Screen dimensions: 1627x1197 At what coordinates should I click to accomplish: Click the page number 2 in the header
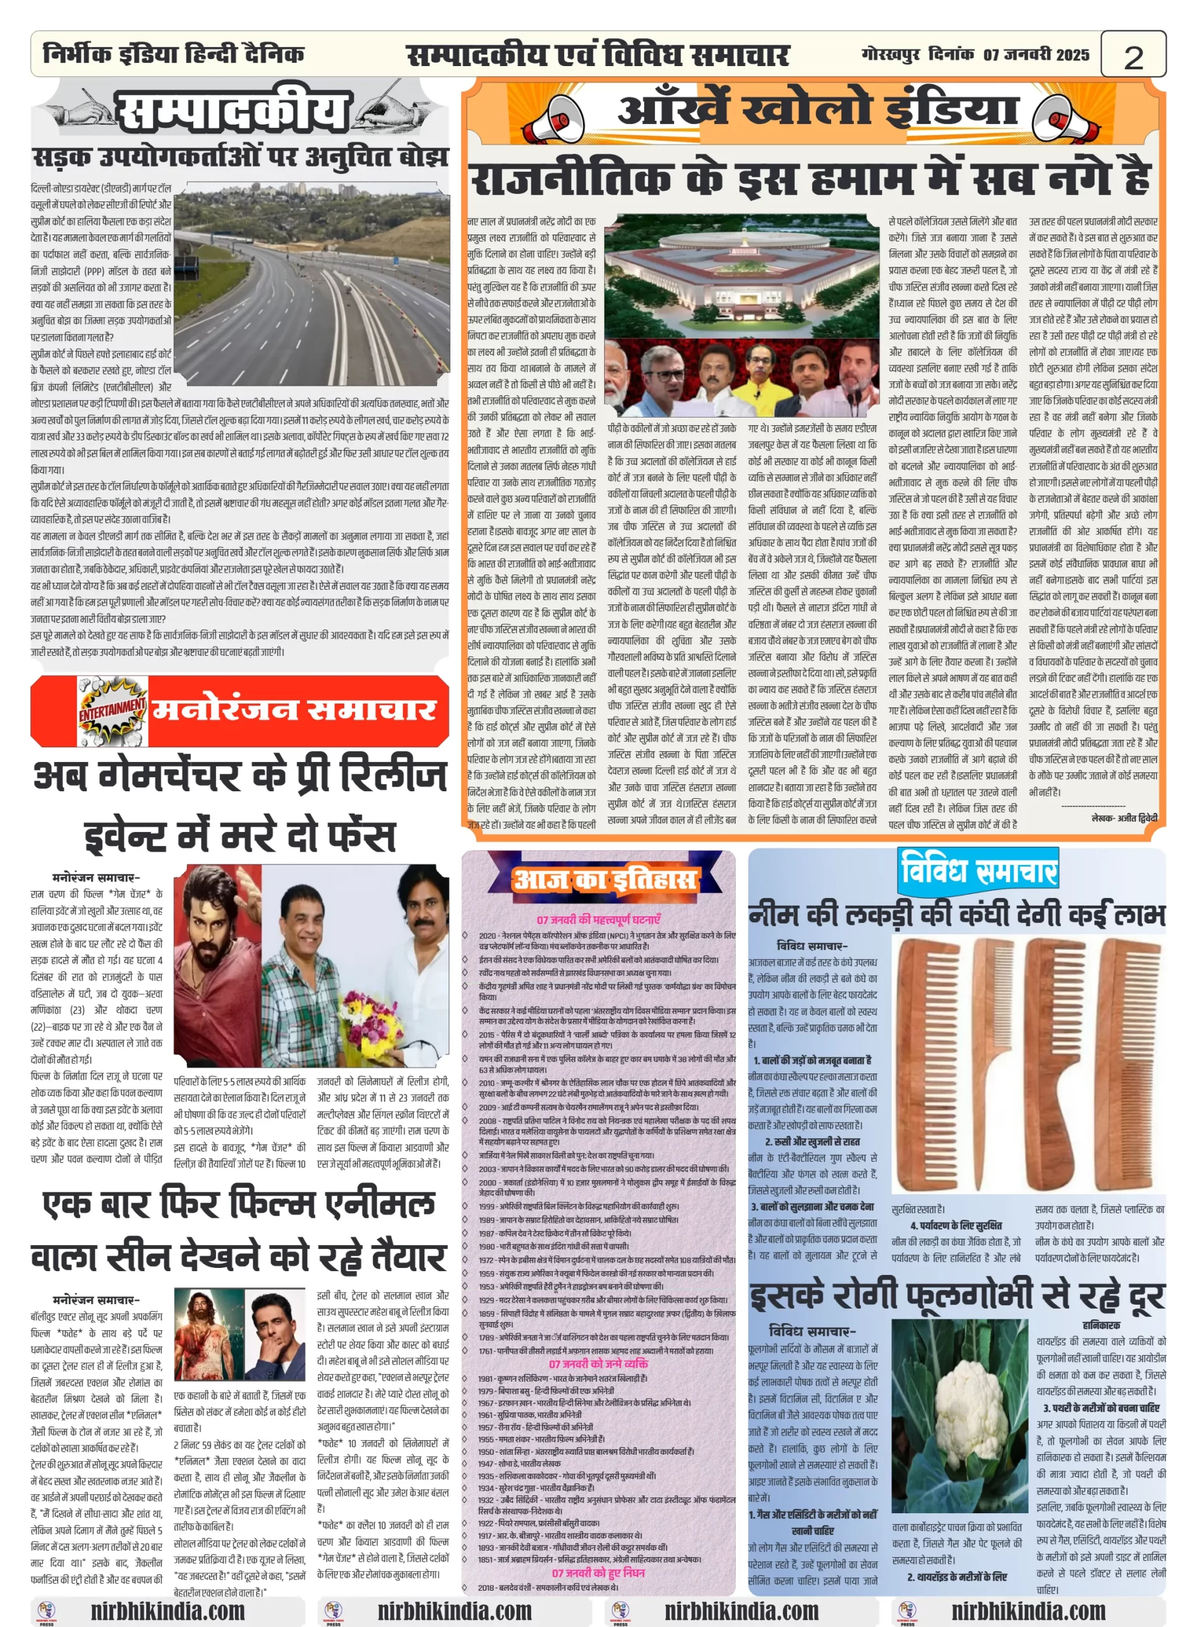pos(1133,56)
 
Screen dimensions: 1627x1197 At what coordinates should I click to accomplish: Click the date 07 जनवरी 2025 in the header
pos(1036,55)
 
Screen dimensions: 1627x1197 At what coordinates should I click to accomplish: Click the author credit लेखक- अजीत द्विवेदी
pos(1124,817)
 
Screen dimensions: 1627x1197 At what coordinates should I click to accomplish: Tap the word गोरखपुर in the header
pos(891,55)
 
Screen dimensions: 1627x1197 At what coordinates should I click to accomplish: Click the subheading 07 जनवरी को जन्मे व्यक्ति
pos(598,1363)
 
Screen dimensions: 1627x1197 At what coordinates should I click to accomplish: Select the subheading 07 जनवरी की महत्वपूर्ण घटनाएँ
pos(598,919)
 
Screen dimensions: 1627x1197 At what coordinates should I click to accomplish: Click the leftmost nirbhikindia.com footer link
pos(167,1610)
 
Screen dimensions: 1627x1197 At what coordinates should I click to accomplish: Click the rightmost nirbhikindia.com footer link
pos(1028,1610)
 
